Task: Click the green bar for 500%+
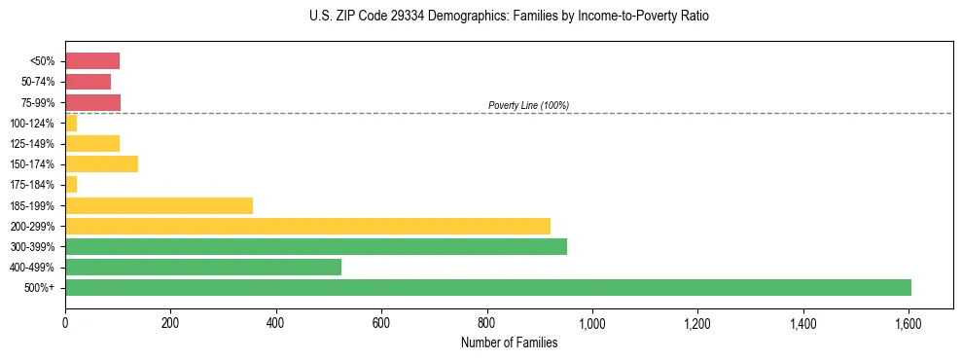click(x=487, y=287)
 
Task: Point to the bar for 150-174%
click(x=101, y=163)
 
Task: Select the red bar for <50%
click(x=92, y=60)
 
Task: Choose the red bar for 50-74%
click(x=88, y=82)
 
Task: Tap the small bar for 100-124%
click(x=71, y=123)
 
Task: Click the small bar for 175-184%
click(x=71, y=184)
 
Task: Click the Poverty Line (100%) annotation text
click(x=528, y=105)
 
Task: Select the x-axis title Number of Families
click(x=509, y=342)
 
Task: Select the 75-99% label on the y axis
click(x=38, y=102)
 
